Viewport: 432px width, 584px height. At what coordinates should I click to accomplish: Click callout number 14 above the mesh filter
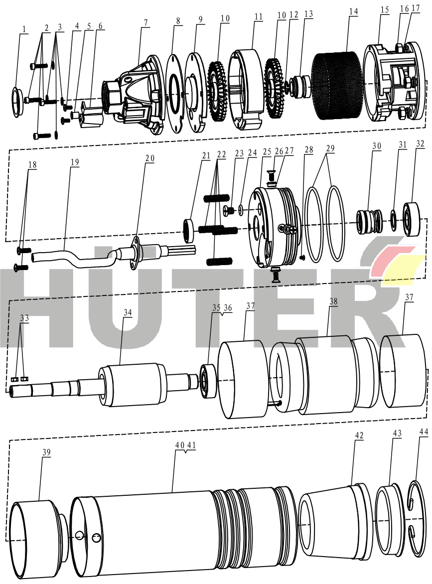point(353,12)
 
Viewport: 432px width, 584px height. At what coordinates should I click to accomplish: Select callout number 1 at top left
point(24,29)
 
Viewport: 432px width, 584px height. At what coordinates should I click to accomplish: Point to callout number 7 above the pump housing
point(145,22)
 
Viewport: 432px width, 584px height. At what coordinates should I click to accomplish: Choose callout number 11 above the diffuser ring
point(259,17)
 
